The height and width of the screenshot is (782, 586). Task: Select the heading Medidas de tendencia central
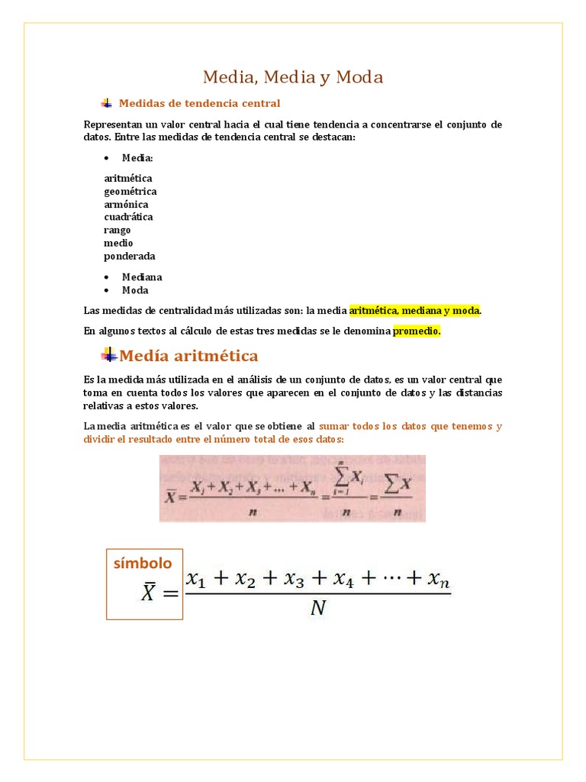[x=200, y=103]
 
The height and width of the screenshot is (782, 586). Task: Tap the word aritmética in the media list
[x=128, y=178]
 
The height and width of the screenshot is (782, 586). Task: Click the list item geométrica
[x=130, y=191]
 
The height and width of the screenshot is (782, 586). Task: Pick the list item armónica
[x=126, y=204]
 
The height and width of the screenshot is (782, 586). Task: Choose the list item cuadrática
[x=128, y=217]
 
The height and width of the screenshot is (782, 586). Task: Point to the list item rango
[x=118, y=230]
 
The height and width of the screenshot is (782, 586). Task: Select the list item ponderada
[x=130, y=256]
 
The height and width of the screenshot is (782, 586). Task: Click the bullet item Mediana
[x=142, y=277]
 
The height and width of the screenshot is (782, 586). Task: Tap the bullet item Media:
[x=137, y=158]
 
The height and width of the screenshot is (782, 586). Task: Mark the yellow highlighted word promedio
[x=417, y=331]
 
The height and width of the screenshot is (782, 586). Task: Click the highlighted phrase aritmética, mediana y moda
[x=415, y=311]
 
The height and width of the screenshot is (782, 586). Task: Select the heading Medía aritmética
[x=189, y=356]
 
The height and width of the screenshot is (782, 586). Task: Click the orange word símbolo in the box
[x=143, y=564]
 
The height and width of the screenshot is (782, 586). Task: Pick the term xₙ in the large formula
[x=437, y=581]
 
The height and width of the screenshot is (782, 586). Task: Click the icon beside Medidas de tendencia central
[x=107, y=103]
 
